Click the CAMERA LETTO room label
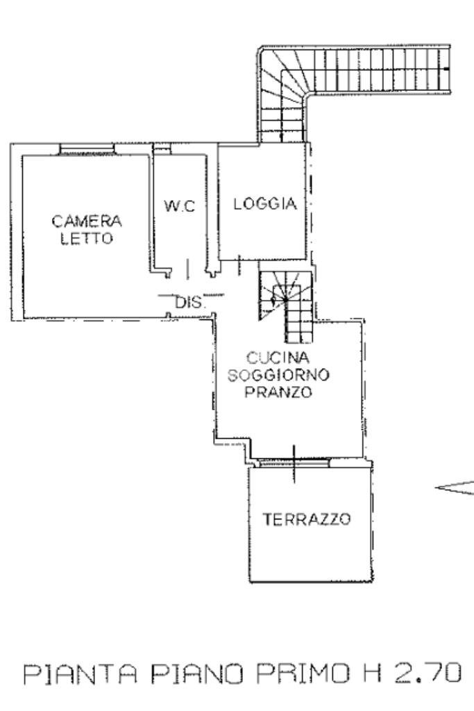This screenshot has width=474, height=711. click(x=87, y=230)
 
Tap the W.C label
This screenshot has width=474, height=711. click(x=179, y=206)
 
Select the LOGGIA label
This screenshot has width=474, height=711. click(x=265, y=204)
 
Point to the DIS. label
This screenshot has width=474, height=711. click(x=188, y=303)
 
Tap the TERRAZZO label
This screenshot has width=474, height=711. click(x=307, y=519)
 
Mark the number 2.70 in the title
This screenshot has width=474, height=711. click(x=424, y=674)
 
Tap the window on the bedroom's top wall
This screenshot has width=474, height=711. click(x=86, y=148)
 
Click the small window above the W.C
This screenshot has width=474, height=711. click(x=161, y=149)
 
